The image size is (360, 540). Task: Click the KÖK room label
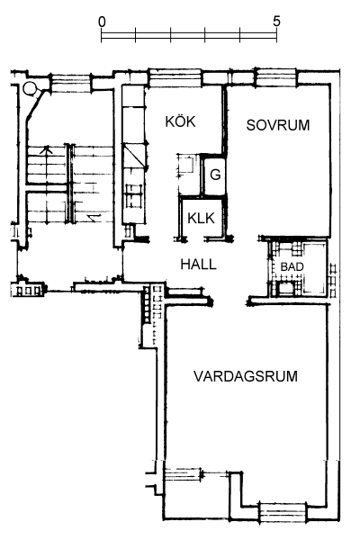pyautogui.click(x=180, y=121)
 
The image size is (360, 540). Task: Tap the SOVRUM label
pyautogui.click(x=278, y=125)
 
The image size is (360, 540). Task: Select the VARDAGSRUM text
pyautogui.click(x=246, y=376)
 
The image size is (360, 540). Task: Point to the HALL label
pyautogui.click(x=198, y=264)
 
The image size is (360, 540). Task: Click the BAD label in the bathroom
pyautogui.click(x=292, y=266)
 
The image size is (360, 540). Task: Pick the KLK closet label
pyautogui.click(x=201, y=218)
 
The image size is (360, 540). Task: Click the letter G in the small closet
pyautogui.click(x=215, y=175)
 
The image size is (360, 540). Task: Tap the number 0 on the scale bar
pyautogui.click(x=102, y=22)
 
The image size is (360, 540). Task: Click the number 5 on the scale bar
pyautogui.click(x=276, y=22)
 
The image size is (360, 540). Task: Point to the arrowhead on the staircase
pyautogui.click(x=46, y=149)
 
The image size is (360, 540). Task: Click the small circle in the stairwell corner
pyautogui.click(x=30, y=88)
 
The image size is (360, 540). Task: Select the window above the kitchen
pyautogui.click(x=175, y=77)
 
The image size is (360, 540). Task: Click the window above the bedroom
pyautogui.click(x=276, y=76)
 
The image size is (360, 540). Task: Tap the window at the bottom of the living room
pyautogui.click(x=283, y=511)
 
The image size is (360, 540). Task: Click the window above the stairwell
pyautogui.click(x=71, y=83)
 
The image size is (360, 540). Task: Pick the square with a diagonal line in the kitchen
pyautogui.click(x=135, y=156)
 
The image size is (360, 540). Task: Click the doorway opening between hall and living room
pyautogui.click(x=230, y=301)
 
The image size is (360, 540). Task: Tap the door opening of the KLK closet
pyautogui.click(x=194, y=238)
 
